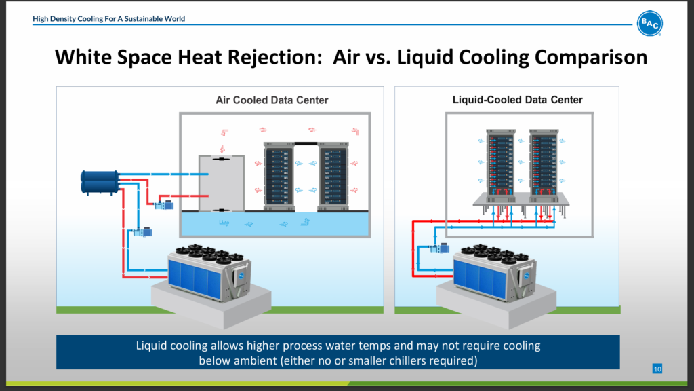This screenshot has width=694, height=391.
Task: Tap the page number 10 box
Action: pos(657,369)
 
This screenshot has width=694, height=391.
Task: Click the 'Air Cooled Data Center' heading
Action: pos(272,100)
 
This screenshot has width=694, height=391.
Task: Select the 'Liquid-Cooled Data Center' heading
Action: pos(518,100)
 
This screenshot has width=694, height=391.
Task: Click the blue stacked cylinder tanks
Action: pos(99,181)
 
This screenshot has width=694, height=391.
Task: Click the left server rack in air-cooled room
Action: pos(279,177)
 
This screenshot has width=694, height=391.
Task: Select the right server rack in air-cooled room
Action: pos(333,177)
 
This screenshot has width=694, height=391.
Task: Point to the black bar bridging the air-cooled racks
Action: pos(306,144)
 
